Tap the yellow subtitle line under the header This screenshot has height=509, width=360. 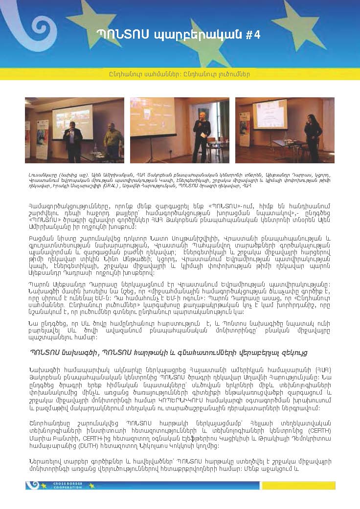(180, 74)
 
